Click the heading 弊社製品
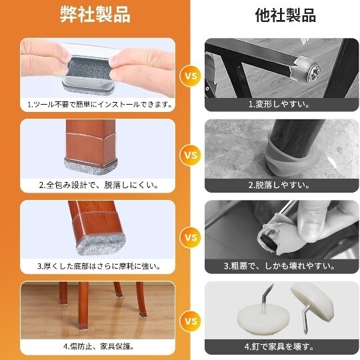pos(95,15)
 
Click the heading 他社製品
pos(285,15)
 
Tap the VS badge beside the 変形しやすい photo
pos(191,76)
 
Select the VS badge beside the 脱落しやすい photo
pos(191,155)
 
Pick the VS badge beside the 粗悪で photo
pos(191,237)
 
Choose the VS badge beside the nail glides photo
pos(191,321)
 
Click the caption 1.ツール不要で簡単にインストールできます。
pos(99,105)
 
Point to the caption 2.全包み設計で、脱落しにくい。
pos(99,185)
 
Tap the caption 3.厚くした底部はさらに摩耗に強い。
pos(99,266)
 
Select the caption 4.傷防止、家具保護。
pos(99,347)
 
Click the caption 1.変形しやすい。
pos(279,105)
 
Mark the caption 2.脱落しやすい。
pos(279,185)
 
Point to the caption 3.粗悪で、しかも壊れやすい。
pos(279,266)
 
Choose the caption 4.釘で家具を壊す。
pos(279,347)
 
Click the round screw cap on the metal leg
pos(313,71)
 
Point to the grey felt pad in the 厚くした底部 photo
pos(101,245)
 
